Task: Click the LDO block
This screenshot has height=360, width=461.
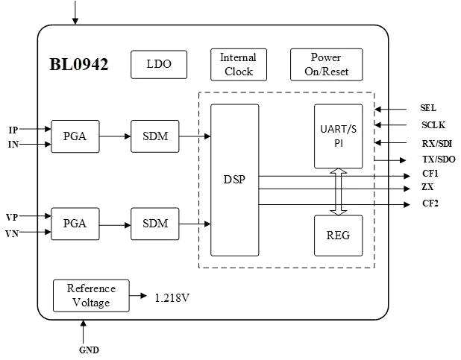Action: click(x=159, y=65)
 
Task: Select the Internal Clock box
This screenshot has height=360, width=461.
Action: click(x=239, y=65)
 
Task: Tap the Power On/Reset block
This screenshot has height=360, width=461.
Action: click(x=326, y=65)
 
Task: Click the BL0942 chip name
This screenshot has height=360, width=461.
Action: click(x=79, y=65)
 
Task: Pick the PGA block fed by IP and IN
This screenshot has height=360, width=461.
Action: click(x=75, y=136)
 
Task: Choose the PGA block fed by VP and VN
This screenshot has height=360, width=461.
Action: click(x=75, y=223)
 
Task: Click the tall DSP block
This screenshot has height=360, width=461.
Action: click(x=234, y=180)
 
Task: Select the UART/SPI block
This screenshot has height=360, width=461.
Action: click(x=338, y=136)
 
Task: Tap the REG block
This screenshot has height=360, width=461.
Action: click(x=338, y=236)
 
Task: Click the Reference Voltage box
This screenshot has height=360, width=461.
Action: click(x=91, y=295)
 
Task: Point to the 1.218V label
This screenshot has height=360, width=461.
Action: click(x=172, y=297)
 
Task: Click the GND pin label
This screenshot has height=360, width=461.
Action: click(x=89, y=350)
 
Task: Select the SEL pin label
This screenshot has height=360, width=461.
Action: click(x=428, y=109)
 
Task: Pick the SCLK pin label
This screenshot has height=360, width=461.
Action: click(x=433, y=125)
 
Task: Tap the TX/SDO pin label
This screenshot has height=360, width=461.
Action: click(x=439, y=160)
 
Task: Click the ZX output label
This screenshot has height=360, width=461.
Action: click(x=427, y=188)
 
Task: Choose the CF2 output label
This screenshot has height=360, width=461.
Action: click(x=430, y=203)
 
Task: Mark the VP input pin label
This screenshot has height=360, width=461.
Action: click(x=12, y=217)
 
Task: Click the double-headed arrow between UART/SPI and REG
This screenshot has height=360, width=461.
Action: click(x=339, y=192)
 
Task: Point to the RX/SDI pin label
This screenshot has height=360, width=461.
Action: click(x=436, y=142)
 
